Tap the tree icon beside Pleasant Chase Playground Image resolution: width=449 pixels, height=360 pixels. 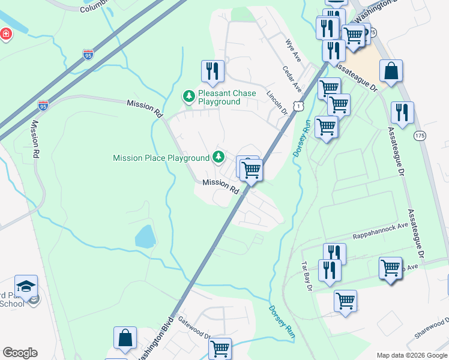click(188, 95)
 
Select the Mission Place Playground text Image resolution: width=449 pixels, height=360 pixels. click(161, 158)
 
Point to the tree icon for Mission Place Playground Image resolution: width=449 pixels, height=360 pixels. click(218, 157)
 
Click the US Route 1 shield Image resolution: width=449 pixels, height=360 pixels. click(298, 106)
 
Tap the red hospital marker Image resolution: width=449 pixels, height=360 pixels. click(6, 34)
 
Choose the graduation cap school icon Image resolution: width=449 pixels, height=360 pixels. click(26, 286)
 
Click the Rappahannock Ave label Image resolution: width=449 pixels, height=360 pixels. click(380, 236)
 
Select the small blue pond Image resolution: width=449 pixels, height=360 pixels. click(145, 238)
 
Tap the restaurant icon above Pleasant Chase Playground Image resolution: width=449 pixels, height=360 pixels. click(212, 71)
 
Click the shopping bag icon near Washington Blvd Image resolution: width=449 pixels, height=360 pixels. click(125, 338)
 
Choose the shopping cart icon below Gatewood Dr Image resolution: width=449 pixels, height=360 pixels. click(220, 348)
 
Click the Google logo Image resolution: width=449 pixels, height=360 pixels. click(20, 353)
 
